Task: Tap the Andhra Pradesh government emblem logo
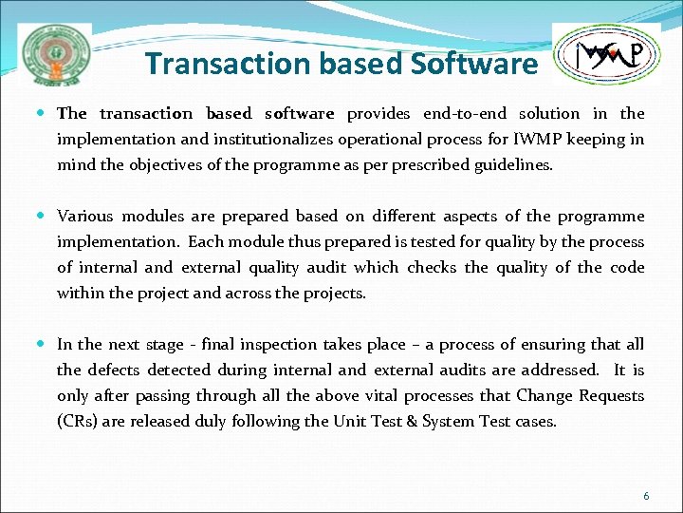pos(57,55)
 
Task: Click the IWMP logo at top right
pos(606,55)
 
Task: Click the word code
pos(626,268)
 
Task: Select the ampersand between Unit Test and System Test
pos(411,422)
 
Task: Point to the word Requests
pos(613,396)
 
